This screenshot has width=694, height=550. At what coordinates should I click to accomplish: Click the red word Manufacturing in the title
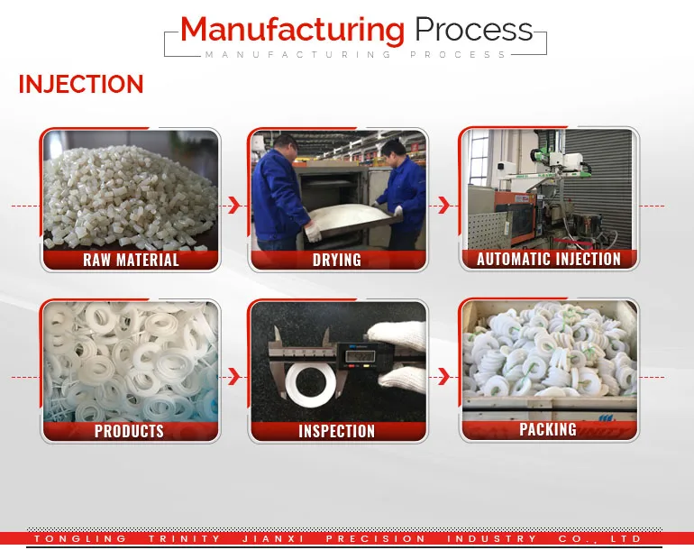coord(292,30)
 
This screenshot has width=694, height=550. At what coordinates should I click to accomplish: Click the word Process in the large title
coord(473,30)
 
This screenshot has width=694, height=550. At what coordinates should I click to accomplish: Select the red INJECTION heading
coord(81,85)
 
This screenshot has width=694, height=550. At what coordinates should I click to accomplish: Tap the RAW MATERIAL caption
coord(131,260)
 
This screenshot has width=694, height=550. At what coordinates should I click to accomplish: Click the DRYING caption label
coord(337,260)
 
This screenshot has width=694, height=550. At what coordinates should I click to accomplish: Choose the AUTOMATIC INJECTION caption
coord(549,259)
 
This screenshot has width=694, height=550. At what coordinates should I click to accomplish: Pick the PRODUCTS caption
coord(130,431)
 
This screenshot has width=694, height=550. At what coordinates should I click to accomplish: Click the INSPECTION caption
coord(337,431)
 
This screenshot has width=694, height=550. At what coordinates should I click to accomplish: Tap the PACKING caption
coord(548,429)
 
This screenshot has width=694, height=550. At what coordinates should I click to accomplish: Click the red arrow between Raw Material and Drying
coord(234,206)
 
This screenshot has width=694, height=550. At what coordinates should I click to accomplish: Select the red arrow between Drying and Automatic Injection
coord(443,206)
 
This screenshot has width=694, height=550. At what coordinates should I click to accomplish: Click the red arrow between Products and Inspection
coord(234,376)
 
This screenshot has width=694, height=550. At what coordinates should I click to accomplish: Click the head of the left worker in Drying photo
coord(286,144)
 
